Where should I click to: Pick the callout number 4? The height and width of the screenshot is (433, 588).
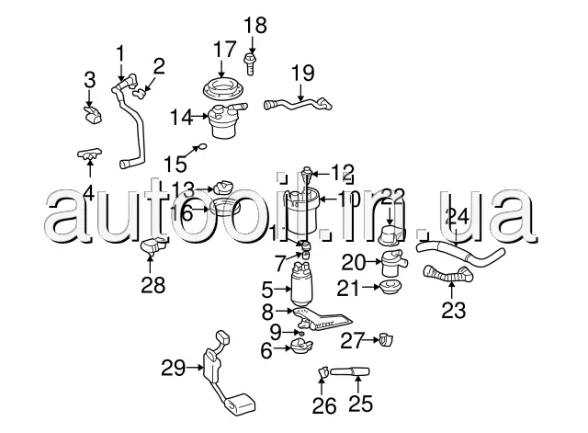coord(88,193)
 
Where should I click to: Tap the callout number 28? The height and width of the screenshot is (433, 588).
coord(153,285)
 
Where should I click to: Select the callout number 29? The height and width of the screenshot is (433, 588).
coord(174,368)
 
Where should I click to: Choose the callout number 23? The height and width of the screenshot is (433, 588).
coord(453,309)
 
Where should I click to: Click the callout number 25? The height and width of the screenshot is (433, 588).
coord(358,405)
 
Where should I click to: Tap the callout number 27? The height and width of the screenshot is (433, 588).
coord(355,340)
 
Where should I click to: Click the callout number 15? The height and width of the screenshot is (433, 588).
coord(175,164)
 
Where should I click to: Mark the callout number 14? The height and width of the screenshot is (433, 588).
coord(180,117)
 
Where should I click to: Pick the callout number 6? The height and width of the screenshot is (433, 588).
coord(266,349)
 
